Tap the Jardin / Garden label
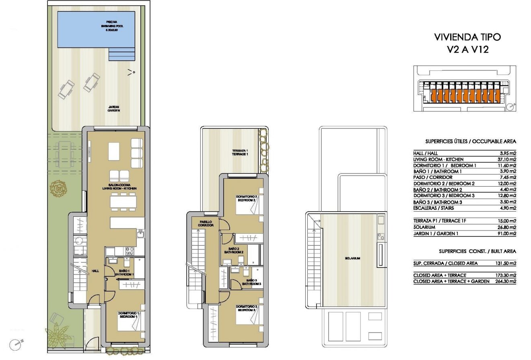[x=114, y=109]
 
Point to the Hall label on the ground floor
[x=95, y=271]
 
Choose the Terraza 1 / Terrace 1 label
[x=240, y=152]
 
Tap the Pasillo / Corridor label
[x=206, y=224]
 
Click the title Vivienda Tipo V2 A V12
[x=467, y=44]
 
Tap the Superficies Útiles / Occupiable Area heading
[x=470, y=142]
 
